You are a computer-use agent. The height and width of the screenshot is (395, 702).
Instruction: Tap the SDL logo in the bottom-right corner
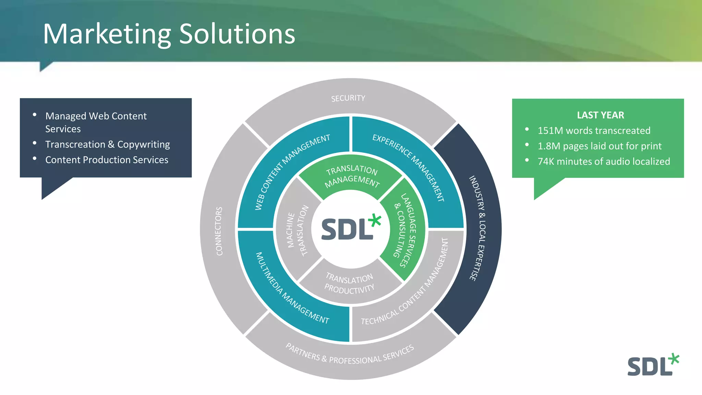pyautogui.click(x=653, y=365)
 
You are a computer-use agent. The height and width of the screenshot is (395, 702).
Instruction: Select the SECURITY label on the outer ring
pyautogui.click(x=348, y=98)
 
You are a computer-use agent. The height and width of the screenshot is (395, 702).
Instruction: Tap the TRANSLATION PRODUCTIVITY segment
pyautogui.click(x=349, y=283)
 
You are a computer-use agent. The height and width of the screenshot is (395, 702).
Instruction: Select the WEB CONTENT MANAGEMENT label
pyautogui.click(x=292, y=171)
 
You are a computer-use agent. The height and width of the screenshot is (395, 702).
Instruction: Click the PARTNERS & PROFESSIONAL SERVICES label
pyautogui.click(x=350, y=355)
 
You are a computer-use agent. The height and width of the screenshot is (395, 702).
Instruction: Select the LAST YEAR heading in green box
pyautogui.click(x=600, y=115)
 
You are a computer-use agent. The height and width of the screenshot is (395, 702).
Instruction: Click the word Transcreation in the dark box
pyautogui.click(x=75, y=144)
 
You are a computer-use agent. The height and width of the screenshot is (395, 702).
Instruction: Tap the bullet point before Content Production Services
pyautogui.click(x=35, y=158)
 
